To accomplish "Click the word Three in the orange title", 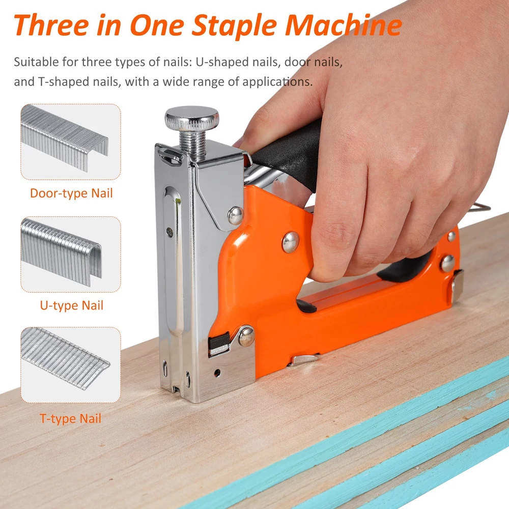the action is click(x=51, y=25).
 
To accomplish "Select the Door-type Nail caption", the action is click(x=71, y=193).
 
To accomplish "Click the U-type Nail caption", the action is click(x=71, y=305).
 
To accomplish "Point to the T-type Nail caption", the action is click(x=70, y=418).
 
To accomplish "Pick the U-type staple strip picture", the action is click(x=62, y=251).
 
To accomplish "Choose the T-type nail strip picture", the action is click(x=65, y=358).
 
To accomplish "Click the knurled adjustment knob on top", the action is click(x=191, y=118).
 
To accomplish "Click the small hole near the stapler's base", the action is click(x=217, y=373).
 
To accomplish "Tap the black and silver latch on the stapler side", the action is click(x=219, y=345).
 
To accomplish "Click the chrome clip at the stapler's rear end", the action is click(x=457, y=286).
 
